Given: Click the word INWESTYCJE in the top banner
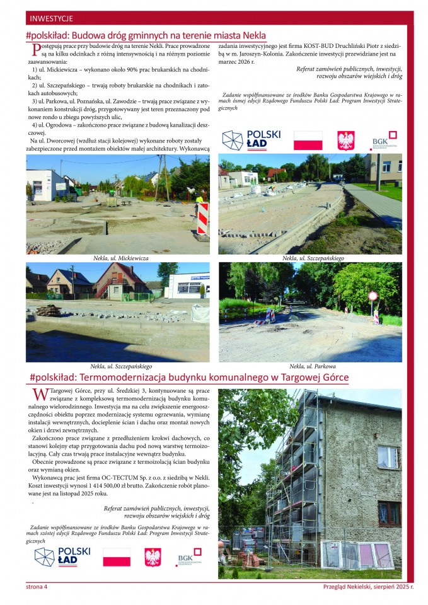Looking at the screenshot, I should coord(51,18).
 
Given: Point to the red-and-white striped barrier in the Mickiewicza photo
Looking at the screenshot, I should coord(202,218).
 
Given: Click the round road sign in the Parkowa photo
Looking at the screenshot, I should coord(373,296).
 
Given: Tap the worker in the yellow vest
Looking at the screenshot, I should coord(200,200).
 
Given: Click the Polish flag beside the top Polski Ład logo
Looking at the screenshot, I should coord(308,140).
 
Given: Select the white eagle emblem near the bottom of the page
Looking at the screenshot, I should coord(153,557).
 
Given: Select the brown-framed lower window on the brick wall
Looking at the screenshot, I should coord(388,514).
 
